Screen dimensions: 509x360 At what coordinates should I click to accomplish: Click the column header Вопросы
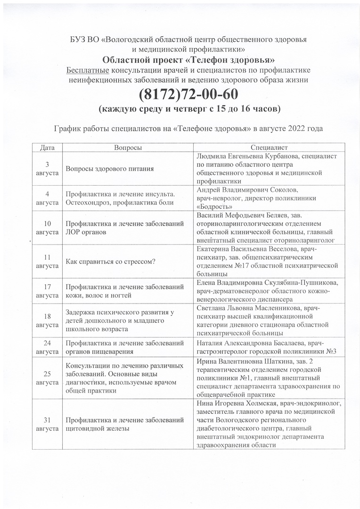128,148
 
